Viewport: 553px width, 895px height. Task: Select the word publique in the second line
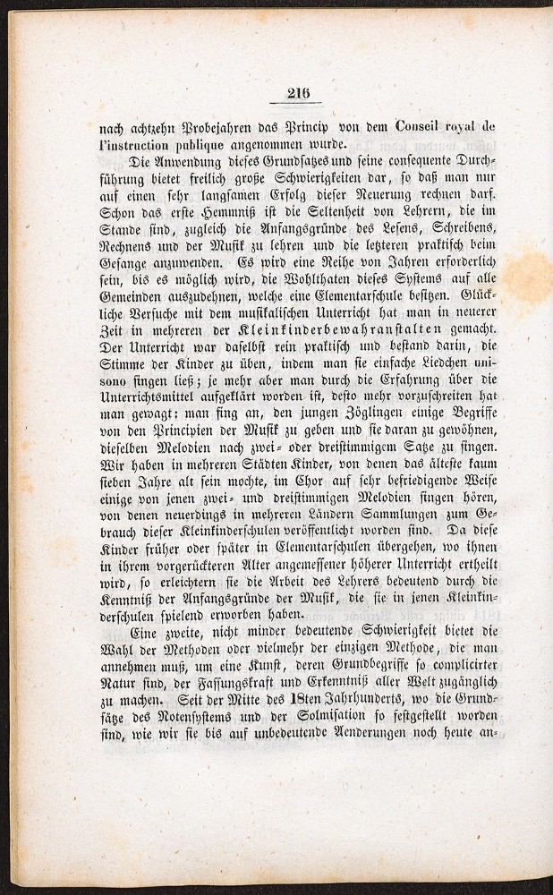pyautogui.click(x=183, y=143)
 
